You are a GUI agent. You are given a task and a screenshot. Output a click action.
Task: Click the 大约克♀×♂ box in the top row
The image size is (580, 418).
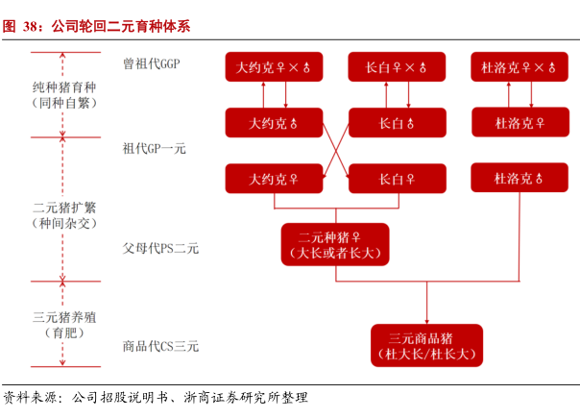(x=274, y=67)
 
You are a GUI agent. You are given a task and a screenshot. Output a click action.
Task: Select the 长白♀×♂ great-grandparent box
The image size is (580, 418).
(x=397, y=67)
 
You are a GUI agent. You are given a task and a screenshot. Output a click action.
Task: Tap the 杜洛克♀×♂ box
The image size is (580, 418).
(x=520, y=67)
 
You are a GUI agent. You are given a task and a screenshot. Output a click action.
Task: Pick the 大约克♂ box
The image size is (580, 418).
(x=274, y=123)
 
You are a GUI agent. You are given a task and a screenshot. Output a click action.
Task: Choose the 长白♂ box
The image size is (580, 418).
(x=398, y=123)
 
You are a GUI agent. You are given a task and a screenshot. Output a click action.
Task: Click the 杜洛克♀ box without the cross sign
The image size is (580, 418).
(x=520, y=122)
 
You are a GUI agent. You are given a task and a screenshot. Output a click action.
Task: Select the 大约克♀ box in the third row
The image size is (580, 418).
(x=274, y=179)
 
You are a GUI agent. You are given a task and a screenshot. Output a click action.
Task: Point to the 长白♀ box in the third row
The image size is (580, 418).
(x=398, y=179)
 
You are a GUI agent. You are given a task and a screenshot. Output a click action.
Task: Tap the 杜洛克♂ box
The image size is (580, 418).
(x=520, y=178)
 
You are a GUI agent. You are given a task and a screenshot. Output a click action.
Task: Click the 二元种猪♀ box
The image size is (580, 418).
(x=335, y=244)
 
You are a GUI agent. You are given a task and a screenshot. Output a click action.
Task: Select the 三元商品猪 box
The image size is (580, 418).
(x=427, y=345)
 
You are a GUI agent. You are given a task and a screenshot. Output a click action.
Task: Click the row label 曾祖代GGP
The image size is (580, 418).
(x=152, y=63)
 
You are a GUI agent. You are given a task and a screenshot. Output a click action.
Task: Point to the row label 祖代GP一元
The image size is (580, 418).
(x=155, y=149)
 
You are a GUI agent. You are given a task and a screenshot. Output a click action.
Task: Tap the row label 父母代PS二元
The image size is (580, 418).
(x=160, y=248)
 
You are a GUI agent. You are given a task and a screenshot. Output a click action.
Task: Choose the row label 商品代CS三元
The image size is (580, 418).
(x=160, y=346)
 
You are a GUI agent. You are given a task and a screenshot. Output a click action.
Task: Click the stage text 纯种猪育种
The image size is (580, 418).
(x=64, y=87)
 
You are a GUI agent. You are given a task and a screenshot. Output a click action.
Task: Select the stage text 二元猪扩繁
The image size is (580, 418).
(x=64, y=208)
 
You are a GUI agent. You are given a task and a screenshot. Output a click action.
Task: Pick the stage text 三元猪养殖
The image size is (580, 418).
(x=64, y=317)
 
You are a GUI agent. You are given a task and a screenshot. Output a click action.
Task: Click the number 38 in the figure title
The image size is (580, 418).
(x=31, y=26)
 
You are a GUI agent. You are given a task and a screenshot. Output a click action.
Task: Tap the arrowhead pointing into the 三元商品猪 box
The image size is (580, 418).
(x=427, y=322)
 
